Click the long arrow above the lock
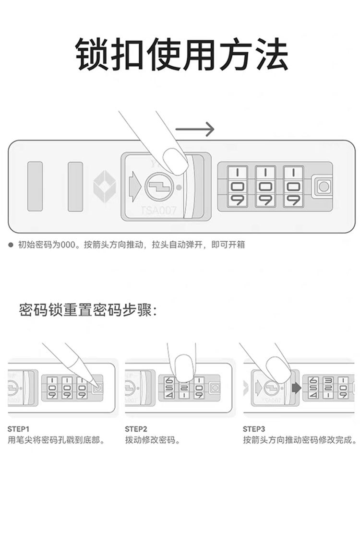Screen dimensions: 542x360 pyautogui.click(x=194, y=129)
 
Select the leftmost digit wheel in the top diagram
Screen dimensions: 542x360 pyautogui.click(x=237, y=187)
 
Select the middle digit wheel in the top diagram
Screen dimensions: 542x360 pyautogui.click(x=265, y=187)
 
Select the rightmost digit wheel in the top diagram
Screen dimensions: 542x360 pyautogui.click(x=293, y=187)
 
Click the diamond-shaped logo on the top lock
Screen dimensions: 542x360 pyautogui.click(x=103, y=186)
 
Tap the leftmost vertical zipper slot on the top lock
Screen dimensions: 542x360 pyautogui.click(x=35, y=186)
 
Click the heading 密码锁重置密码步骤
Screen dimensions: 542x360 pyautogui.click(x=88, y=309)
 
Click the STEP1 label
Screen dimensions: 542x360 pyautogui.click(x=19, y=429)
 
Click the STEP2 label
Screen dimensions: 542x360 pyautogui.click(x=136, y=429)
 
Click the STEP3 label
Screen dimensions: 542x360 pyautogui.click(x=254, y=429)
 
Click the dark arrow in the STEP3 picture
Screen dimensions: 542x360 pyautogui.click(x=295, y=388)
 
